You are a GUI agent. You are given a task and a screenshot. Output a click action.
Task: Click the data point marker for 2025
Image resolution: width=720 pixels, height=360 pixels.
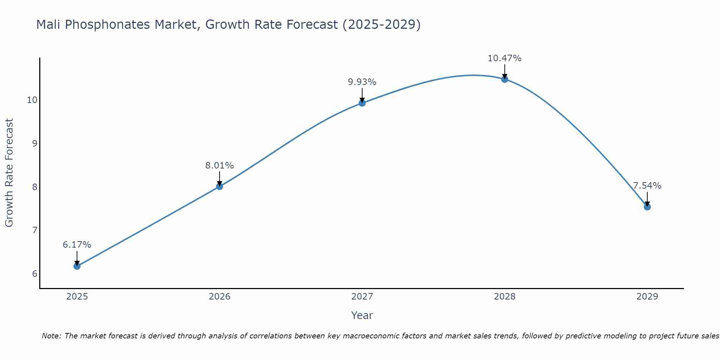[77, 266]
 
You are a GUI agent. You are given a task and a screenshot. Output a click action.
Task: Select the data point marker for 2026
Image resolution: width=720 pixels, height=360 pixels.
[220, 186]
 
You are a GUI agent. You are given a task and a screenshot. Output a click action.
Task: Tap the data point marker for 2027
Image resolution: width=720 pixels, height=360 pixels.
[362, 103]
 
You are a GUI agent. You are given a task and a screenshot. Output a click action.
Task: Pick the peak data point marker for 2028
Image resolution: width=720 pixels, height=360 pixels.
[505, 79]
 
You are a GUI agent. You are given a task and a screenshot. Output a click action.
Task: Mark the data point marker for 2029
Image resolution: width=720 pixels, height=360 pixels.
[647, 207]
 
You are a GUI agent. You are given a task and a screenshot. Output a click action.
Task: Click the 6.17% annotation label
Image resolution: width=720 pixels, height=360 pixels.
[77, 245]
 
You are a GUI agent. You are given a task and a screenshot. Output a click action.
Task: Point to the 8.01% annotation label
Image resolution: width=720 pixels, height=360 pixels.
[220, 166]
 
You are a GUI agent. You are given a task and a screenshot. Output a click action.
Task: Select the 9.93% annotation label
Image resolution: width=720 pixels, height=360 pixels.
[362, 82]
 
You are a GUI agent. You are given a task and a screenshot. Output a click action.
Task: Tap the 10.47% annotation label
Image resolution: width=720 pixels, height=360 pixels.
[504, 58]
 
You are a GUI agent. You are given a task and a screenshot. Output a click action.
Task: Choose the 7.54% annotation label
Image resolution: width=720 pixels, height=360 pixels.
[647, 186]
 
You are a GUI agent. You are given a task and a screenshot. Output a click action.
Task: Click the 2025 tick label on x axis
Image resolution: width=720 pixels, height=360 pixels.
[77, 297]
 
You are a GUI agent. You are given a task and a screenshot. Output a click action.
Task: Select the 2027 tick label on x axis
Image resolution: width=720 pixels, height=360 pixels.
[362, 297]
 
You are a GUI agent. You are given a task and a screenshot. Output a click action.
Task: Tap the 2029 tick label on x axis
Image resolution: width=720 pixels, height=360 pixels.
[647, 297]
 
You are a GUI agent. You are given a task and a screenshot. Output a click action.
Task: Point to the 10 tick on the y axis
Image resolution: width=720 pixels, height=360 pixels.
[32, 100]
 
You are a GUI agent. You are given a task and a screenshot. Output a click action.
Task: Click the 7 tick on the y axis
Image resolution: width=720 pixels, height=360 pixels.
[35, 230]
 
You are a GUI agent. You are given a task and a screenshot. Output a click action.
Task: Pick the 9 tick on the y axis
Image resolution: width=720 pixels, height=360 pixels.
[35, 144]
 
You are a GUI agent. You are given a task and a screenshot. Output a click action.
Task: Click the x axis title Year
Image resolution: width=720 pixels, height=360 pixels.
[362, 315]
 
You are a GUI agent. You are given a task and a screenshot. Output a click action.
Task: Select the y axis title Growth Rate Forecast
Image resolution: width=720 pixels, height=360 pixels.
[9, 173]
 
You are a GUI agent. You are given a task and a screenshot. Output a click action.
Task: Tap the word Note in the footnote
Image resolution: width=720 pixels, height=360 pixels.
[51, 336]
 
